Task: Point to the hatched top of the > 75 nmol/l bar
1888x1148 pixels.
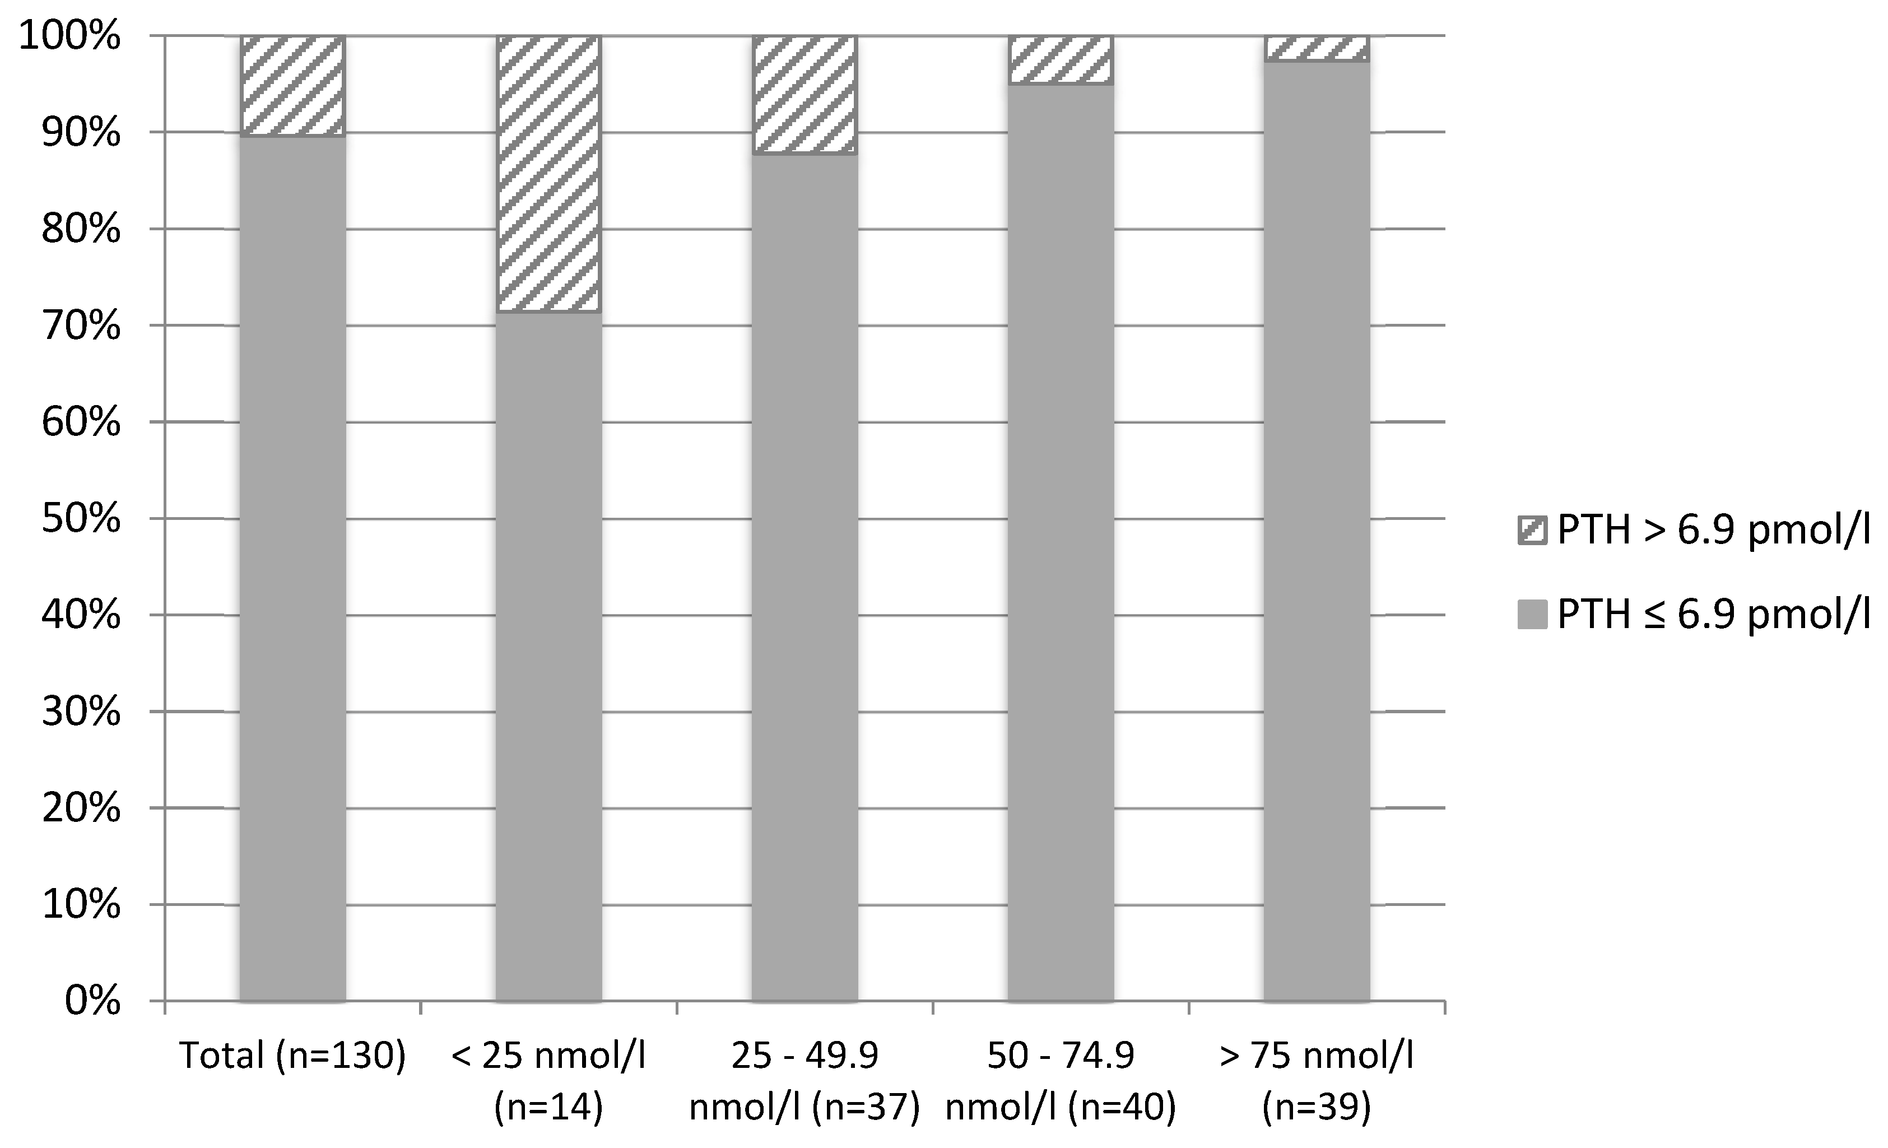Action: point(1315,48)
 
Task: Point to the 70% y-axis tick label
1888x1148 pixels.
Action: point(81,327)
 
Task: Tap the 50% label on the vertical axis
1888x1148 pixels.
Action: point(81,519)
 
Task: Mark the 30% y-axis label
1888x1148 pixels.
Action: point(81,713)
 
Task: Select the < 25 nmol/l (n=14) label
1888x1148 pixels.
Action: point(548,1081)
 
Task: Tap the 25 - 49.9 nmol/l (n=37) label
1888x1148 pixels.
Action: point(804,1081)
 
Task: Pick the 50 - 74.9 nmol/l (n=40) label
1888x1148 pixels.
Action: point(1060,1081)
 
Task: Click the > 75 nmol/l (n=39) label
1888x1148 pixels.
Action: point(1315,1081)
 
